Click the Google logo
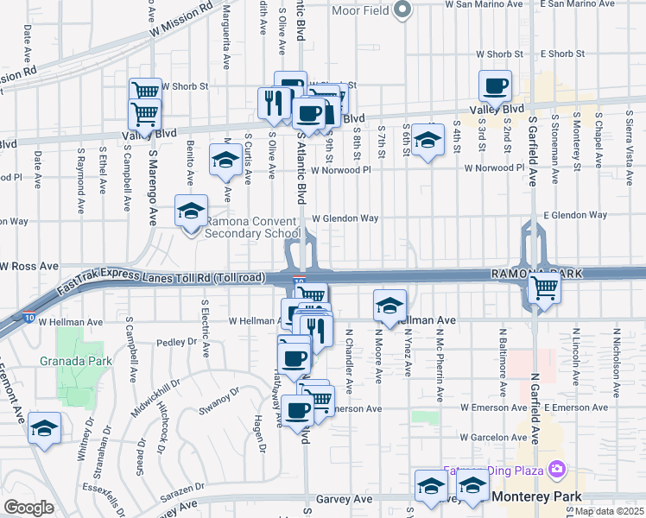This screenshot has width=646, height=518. pos(28,508)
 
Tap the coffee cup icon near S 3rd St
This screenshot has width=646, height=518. pos(496,86)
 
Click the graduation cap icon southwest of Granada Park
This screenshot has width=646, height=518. pos(44,428)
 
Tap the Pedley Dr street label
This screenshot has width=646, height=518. pos(178,343)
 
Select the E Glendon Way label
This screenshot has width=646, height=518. pos(575,215)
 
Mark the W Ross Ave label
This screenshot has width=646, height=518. pos(29,266)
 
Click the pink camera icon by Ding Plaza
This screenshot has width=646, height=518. pos(557,469)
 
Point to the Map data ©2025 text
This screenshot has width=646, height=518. pos(608,511)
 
